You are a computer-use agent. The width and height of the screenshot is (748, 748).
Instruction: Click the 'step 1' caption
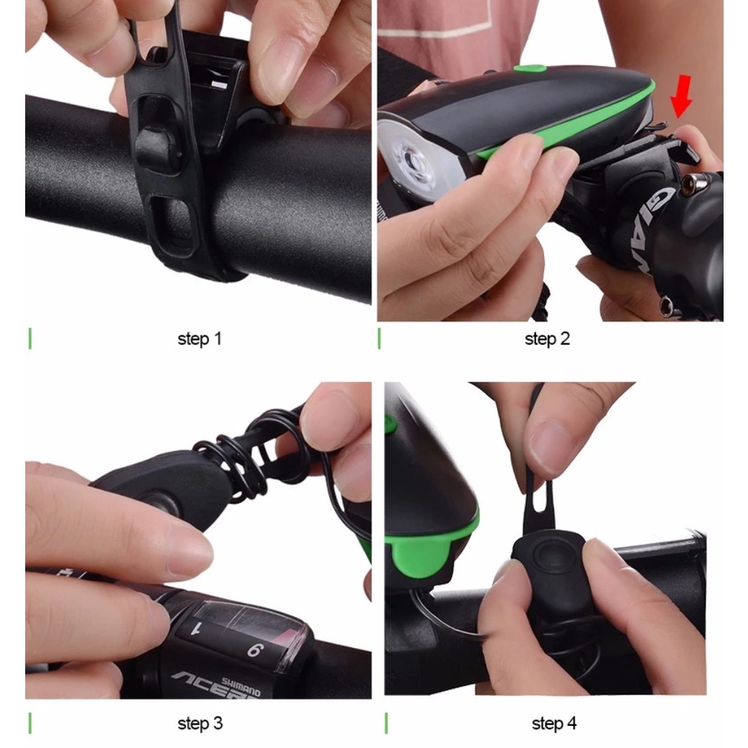(199, 339)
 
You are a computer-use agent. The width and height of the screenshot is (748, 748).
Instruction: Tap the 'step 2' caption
(546, 339)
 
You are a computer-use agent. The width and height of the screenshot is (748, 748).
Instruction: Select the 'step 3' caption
(200, 723)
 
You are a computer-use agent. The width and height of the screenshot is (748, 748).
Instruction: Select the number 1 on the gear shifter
(196, 627)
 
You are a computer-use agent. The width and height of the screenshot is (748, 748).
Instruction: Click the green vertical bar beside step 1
(30, 339)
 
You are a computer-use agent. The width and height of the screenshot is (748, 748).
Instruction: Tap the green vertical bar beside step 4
(387, 722)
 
